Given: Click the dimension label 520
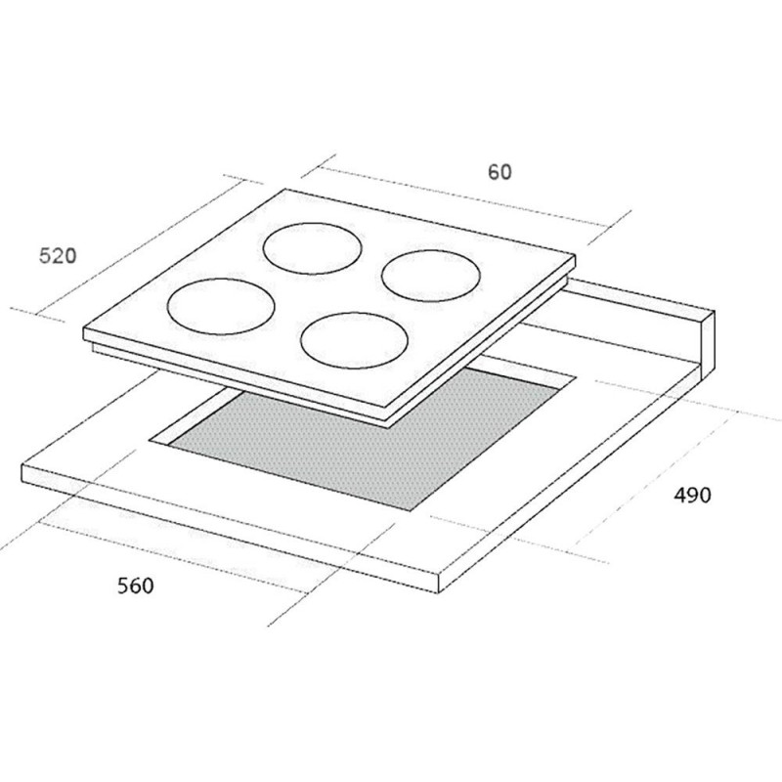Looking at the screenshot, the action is pos(58,256).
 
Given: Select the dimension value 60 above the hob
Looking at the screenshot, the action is pos(500,172).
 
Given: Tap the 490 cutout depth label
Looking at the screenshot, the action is pos(692,495).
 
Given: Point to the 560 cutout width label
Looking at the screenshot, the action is pos(136,585).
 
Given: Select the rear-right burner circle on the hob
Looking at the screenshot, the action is pos(431,251).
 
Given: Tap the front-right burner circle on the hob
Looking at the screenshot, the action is pos(354,313).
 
